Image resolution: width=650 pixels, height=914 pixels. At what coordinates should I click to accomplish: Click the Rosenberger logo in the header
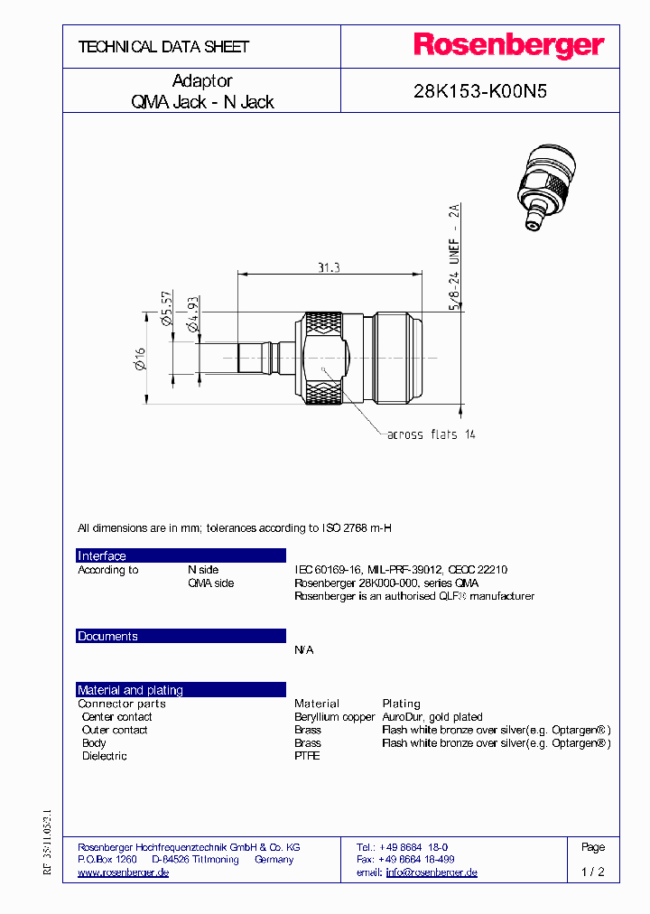tap(508, 45)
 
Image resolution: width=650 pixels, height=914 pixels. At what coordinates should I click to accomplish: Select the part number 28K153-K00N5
tap(479, 91)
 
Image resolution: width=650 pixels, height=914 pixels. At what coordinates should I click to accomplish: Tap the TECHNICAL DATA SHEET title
tap(163, 47)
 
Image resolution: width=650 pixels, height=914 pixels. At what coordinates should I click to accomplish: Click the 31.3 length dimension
tap(328, 267)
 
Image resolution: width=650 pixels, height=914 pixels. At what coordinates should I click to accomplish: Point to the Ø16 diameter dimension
tap(140, 364)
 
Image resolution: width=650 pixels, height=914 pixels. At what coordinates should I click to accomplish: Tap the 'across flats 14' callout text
tap(431, 434)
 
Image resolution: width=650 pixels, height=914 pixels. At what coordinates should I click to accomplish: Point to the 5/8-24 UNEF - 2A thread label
tap(455, 257)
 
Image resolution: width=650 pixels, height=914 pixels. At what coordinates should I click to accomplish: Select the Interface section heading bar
tap(181, 555)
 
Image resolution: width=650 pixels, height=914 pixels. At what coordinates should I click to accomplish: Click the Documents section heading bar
tap(181, 636)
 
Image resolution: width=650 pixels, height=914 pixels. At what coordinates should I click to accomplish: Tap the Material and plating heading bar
tap(181, 690)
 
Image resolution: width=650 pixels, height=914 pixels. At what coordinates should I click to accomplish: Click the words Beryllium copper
tap(334, 717)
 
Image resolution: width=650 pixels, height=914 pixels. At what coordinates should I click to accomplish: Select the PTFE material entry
tap(307, 756)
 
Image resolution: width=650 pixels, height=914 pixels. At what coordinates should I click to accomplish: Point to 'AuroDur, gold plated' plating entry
tap(432, 717)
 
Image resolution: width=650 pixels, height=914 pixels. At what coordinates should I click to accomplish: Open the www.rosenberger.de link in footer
tap(124, 872)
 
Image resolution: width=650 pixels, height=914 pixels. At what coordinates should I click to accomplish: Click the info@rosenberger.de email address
tap(432, 872)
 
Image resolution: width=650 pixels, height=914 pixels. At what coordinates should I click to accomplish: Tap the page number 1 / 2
tap(592, 872)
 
